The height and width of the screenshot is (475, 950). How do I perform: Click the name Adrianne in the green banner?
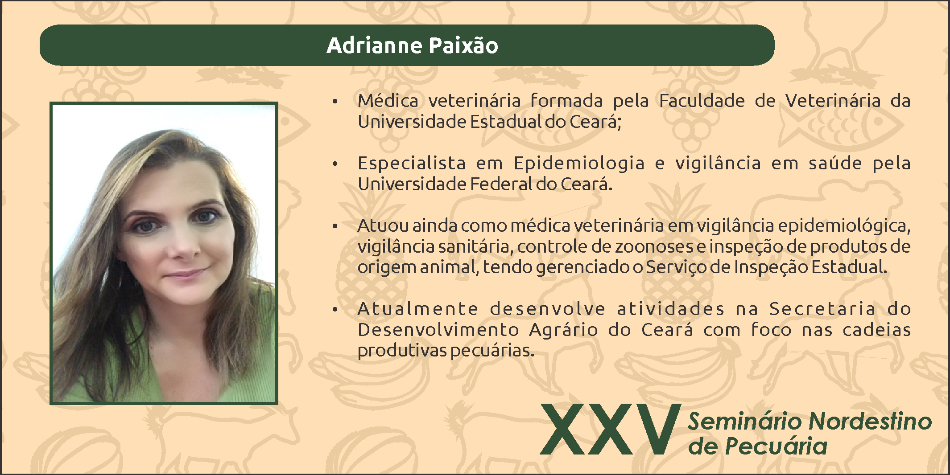[374, 45]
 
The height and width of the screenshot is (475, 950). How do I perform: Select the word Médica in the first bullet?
[388, 101]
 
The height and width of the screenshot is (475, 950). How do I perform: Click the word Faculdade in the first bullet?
[702, 101]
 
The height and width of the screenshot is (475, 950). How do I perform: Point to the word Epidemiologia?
[579, 163]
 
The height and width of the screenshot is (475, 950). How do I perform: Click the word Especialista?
[412, 163]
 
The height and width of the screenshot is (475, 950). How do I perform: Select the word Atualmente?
[418, 309]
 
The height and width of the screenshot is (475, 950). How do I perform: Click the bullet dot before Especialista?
[335, 164]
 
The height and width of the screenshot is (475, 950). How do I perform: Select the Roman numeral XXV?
[611, 429]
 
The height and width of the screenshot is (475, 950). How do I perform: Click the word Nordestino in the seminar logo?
[870, 422]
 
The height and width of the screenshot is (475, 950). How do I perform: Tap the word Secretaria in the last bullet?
[823, 309]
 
